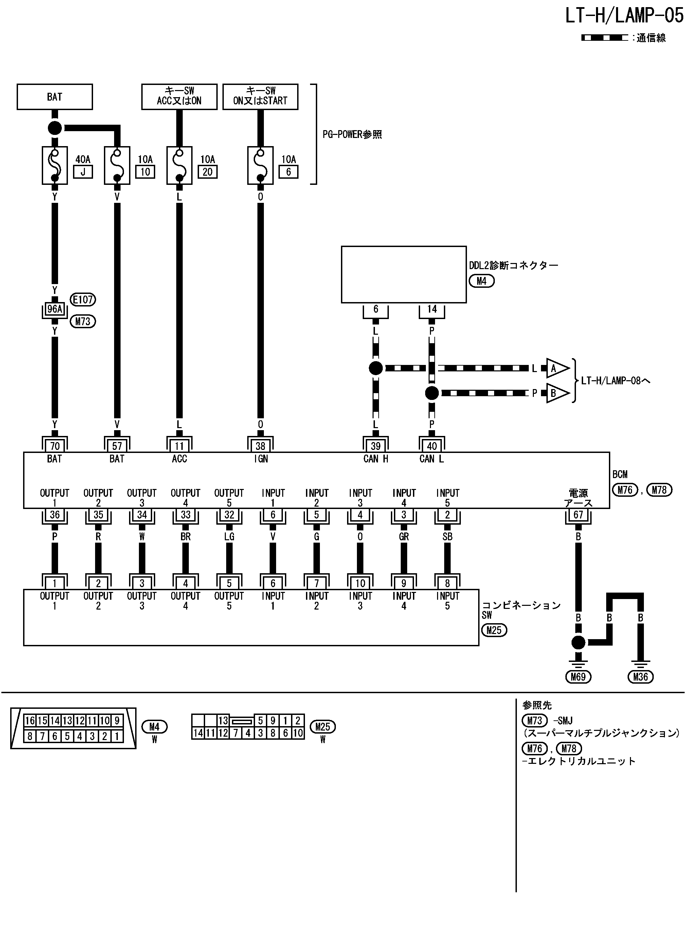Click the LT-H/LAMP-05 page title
coord(624,16)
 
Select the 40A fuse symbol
coord(55,165)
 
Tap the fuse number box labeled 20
coord(207,172)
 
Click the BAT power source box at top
coord(55,97)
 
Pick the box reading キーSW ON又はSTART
coord(260,97)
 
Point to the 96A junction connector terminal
coord(55,309)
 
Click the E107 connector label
coord(83,299)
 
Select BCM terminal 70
coord(55,446)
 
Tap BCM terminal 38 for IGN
coord(260,446)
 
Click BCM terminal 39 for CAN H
coord(375,446)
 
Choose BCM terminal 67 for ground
coord(578,515)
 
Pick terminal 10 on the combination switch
coord(360,583)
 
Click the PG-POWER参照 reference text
coord(352,135)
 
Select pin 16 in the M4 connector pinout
coord(30,720)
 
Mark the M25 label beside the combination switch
coord(494,630)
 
